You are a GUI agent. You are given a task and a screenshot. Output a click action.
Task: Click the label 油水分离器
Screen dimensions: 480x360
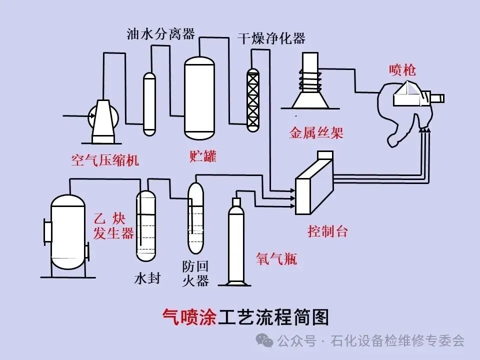tap(160, 33)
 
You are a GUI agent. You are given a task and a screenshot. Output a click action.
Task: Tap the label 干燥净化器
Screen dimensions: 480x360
tap(271, 38)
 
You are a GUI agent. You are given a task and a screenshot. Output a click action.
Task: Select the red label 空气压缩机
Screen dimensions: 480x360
tap(105, 160)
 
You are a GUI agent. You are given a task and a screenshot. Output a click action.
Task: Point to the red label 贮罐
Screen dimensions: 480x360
tap(203, 156)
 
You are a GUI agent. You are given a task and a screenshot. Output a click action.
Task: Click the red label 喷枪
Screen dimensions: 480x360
tap(402, 70)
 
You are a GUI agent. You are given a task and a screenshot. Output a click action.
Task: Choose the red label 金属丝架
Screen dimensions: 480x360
tap(316, 133)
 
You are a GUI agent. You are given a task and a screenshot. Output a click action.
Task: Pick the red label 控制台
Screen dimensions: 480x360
tap(327, 231)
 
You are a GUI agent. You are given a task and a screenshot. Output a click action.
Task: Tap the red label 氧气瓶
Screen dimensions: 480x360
tap(276, 259)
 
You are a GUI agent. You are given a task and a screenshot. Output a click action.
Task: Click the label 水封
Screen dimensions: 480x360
tap(147, 278)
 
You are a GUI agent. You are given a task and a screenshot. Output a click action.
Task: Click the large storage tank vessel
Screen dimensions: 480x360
tap(199, 97)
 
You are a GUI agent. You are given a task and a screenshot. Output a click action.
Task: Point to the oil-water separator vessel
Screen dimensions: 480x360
tap(149, 104)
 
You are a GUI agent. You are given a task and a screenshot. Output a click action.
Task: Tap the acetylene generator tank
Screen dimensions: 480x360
tap(67, 232)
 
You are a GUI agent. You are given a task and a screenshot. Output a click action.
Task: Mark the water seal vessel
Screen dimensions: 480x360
tap(146, 226)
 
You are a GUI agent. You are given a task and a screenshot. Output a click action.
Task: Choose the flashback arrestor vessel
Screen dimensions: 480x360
tap(195, 218)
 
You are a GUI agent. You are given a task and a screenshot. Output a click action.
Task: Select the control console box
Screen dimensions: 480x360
tap(314, 183)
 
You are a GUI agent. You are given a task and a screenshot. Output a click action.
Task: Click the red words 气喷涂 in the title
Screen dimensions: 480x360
tap(189, 317)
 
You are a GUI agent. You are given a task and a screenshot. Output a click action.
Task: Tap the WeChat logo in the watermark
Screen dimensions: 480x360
tap(264, 340)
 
